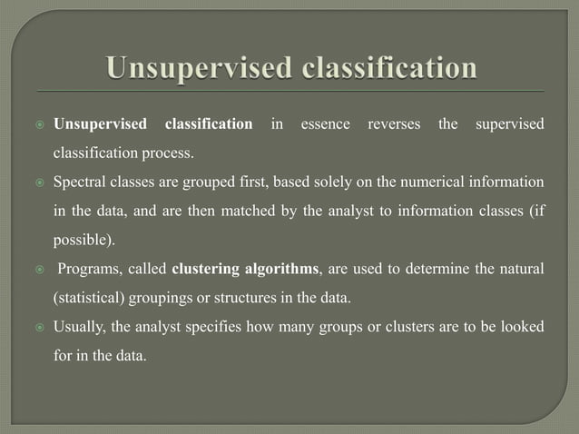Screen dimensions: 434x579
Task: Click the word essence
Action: tap(325, 123)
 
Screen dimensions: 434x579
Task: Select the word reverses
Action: tap(394, 123)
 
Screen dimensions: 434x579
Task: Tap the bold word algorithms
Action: tap(278, 269)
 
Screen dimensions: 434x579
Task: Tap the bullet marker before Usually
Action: tap(39, 326)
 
